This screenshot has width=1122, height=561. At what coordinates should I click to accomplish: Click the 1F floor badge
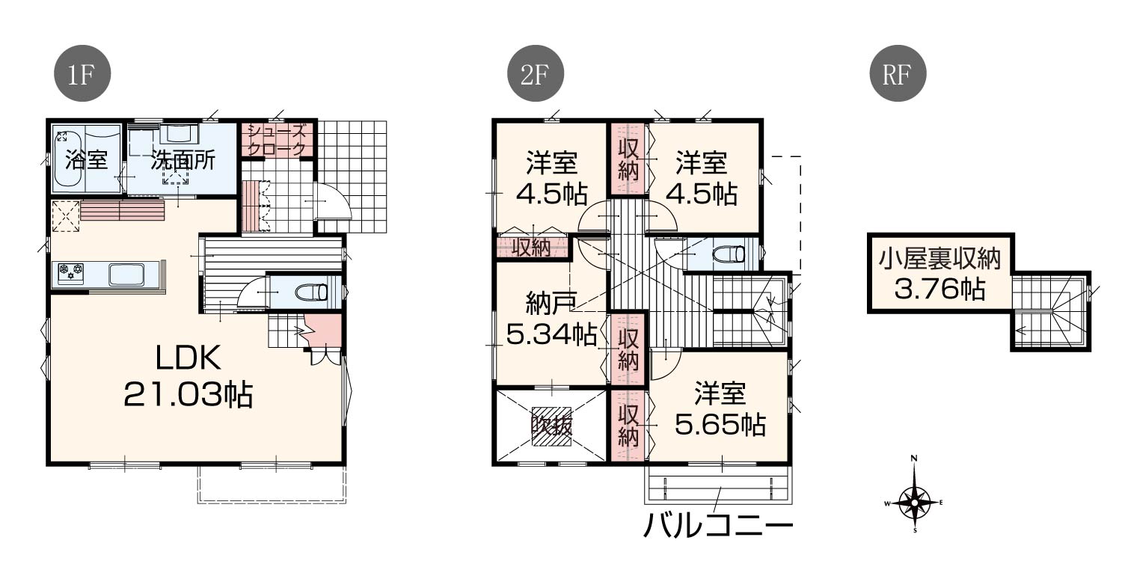82,73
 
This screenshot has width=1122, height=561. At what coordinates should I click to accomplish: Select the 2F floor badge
536,73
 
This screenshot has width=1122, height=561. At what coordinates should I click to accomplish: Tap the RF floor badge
898,73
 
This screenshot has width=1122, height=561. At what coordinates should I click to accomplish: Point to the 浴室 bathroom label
86,161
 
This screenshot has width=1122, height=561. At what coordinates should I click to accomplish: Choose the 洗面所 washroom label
183,161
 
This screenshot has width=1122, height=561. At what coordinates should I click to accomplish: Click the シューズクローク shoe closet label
277,140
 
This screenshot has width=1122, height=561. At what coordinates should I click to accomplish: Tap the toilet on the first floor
310,292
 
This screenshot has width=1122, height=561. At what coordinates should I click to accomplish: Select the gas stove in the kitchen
70,274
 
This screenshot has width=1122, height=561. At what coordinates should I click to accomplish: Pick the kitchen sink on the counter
126,274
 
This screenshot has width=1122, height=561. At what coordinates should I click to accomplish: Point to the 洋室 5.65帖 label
720,409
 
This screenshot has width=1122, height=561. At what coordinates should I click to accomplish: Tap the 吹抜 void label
551,426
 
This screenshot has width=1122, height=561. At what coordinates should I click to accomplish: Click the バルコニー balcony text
718,525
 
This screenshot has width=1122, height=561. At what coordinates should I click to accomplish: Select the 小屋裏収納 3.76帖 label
939,274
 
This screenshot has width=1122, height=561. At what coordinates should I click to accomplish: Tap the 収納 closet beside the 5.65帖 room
628,426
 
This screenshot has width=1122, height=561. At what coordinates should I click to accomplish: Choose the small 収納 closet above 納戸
532,248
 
